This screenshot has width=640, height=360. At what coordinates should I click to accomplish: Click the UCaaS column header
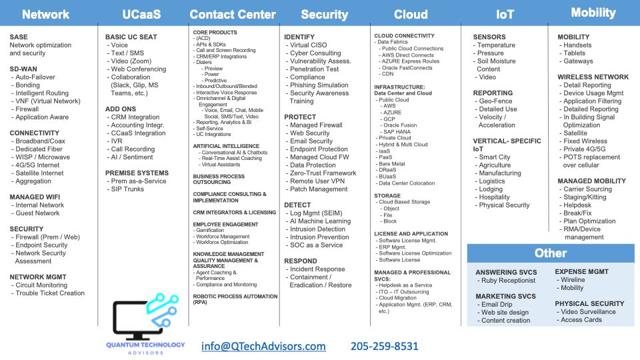(x=141, y=14)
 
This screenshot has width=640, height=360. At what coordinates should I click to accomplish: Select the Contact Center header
(x=233, y=14)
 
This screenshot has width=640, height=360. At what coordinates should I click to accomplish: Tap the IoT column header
(x=505, y=14)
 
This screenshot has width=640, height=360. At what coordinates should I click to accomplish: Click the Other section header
(x=550, y=253)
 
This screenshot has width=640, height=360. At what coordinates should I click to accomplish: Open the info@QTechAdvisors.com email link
(x=263, y=346)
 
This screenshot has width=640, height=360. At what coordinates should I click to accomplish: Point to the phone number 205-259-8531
(x=385, y=346)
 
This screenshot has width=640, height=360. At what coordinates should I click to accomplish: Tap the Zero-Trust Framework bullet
(x=323, y=173)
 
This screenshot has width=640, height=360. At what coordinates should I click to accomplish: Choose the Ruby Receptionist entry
(x=507, y=281)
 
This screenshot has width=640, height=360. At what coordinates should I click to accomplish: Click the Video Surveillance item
(x=588, y=312)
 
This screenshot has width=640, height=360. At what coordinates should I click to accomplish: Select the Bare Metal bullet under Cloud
(x=391, y=163)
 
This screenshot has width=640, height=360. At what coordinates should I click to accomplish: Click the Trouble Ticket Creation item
(x=50, y=293)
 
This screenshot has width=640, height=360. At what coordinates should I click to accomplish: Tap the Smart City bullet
(x=494, y=157)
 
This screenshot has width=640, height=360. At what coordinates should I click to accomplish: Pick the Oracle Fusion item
(x=399, y=125)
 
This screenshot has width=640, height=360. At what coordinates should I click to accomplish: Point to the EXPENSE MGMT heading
(x=581, y=272)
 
